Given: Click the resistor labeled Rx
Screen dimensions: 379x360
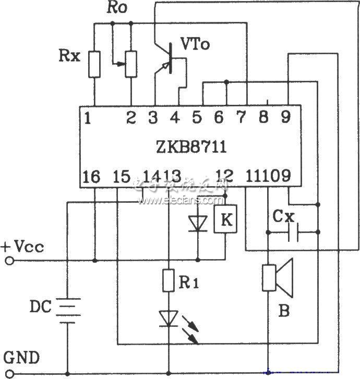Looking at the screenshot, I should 94,64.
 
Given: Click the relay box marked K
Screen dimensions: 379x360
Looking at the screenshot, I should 225,221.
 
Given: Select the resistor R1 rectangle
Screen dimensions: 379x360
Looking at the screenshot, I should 168,280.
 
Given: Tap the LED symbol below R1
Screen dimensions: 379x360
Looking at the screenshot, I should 168,318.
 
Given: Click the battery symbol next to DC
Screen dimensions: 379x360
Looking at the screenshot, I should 67,310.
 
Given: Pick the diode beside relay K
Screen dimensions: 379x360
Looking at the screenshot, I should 197,223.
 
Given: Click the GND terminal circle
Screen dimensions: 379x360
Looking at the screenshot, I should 9,373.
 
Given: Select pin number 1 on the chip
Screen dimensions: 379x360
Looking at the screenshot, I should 87,118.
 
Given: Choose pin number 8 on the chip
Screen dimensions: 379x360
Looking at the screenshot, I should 265,118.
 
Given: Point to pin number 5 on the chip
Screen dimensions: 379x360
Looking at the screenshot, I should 197,118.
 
